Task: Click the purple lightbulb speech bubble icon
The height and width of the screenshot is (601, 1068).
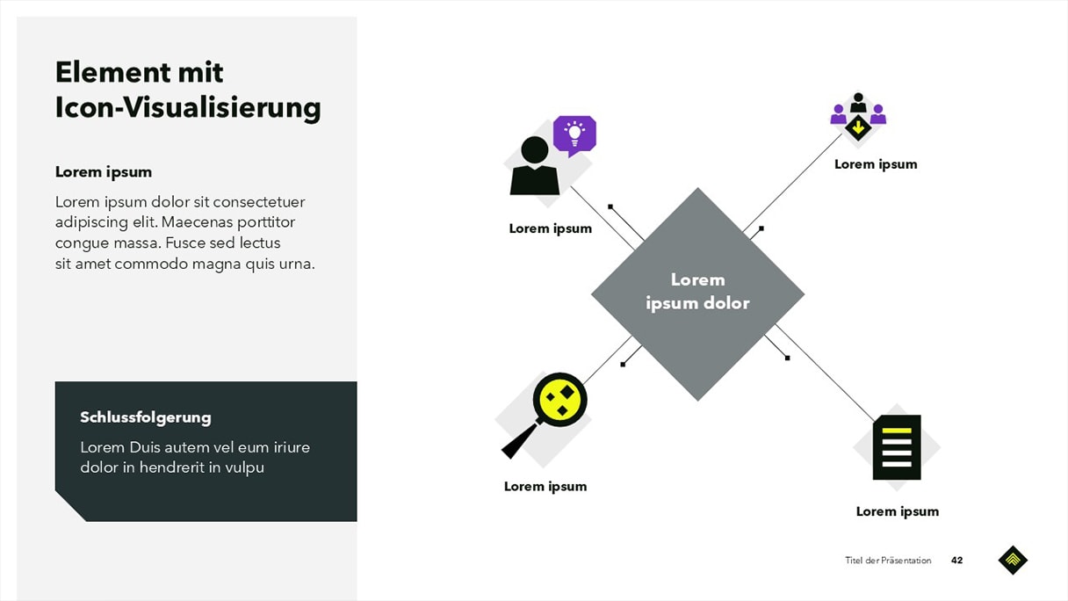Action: (574, 134)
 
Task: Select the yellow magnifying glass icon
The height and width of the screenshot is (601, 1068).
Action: (559, 401)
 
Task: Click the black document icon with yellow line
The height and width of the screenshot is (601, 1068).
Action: (897, 446)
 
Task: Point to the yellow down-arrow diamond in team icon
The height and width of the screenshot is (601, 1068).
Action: (858, 128)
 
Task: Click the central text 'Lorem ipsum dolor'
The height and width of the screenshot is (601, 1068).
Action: (697, 292)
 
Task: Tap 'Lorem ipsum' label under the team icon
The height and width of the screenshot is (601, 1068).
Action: (876, 164)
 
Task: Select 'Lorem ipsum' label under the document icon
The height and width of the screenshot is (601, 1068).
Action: (897, 511)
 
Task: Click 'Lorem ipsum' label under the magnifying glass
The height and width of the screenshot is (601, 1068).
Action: (545, 487)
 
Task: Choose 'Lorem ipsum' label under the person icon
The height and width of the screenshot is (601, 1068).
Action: (551, 228)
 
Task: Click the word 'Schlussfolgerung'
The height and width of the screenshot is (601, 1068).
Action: (146, 417)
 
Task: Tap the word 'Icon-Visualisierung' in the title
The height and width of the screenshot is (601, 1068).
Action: (188, 108)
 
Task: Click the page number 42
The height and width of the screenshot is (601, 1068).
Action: (956, 561)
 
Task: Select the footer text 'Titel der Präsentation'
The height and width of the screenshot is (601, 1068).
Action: (888, 561)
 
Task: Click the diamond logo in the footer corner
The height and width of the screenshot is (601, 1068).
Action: (1013, 560)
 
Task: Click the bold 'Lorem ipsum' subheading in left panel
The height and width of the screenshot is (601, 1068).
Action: (104, 172)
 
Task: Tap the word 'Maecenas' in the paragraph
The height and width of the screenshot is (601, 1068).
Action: (197, 222)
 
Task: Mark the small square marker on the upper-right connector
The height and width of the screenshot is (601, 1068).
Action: (761, 228)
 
